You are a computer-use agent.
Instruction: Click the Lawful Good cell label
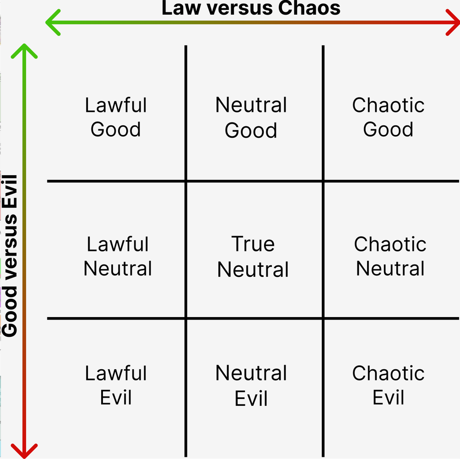point(116,117)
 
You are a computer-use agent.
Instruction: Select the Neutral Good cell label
point(251,117)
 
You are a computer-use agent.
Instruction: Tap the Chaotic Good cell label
point(388,117)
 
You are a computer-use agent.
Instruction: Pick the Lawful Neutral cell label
point(118,256)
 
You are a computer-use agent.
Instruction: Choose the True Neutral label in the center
point(253,256)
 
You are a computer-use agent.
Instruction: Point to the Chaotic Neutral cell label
point(390,256)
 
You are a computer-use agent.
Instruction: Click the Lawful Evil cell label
point(116,385)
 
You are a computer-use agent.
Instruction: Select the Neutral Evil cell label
point(251,385)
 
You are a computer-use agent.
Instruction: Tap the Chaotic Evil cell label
point(388,385)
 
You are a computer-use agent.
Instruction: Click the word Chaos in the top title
point(309,8)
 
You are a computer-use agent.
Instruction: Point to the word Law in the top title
point(181,8)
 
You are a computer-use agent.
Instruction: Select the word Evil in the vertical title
point(10,192)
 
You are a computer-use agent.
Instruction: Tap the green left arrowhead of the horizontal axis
point(53,22)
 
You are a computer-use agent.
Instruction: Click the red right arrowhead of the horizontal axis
point(453,22)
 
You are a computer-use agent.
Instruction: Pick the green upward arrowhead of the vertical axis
point(24,51)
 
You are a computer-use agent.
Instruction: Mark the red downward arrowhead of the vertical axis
point(24,451)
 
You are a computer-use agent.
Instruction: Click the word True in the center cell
point(253,244)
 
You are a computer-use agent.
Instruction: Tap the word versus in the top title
point(240,8)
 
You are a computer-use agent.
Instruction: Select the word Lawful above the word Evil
point(116,373)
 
